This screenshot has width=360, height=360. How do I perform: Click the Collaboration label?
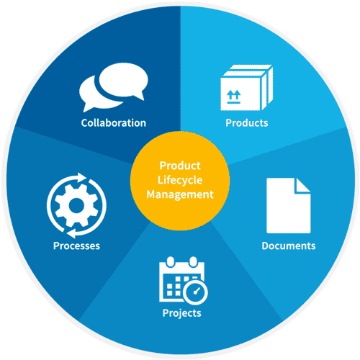pos(114,123)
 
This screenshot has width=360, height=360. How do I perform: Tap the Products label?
pos(247,123)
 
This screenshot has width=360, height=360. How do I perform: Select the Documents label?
pos(289,246)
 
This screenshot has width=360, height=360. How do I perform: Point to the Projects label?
pos(182,313)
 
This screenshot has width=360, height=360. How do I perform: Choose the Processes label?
pos(76,246)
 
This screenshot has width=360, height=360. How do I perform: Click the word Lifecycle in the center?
pos(180,180)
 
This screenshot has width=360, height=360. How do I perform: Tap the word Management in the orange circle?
pos(180,194)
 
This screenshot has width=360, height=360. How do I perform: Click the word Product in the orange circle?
pos(180,166)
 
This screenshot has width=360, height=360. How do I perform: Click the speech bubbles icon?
pos(114,87)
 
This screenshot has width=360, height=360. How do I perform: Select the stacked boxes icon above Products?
pos(247,88)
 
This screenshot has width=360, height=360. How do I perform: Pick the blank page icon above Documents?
pos(289,205)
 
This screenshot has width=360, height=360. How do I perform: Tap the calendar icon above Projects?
pos(184,280)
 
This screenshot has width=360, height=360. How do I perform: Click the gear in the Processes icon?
pos(76,205)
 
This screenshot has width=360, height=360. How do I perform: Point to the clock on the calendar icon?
pos(195,292)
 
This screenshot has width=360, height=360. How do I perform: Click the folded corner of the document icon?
pos(303,185)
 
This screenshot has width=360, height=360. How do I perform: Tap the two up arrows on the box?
pos(233,94)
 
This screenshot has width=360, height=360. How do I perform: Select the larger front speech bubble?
pos(123,81)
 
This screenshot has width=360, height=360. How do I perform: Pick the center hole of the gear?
pos(76,205)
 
